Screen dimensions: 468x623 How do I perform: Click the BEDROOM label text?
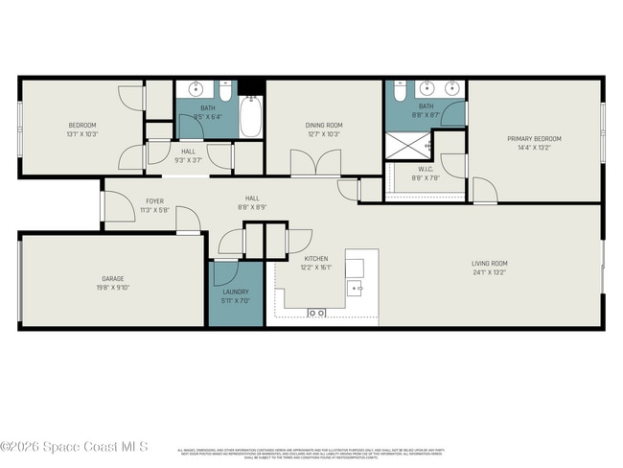(81, 126)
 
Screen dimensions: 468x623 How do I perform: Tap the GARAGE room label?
(113, 278)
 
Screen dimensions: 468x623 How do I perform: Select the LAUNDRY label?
(236, 292)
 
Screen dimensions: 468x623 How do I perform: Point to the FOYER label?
(154, 201)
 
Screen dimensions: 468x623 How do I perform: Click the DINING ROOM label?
(323, 125)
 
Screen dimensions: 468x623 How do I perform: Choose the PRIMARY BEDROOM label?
(534, 139)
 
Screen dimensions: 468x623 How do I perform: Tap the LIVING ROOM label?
(489, 264)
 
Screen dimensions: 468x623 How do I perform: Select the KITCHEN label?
(316, 259)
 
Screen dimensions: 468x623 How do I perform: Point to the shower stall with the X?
(403, 146)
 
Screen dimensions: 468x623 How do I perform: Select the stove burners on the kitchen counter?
(316, 313)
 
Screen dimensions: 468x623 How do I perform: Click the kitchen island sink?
(356, 286)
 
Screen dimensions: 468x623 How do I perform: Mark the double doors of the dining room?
(314, 165)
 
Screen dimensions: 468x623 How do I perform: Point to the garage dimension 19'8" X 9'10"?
(113, 287)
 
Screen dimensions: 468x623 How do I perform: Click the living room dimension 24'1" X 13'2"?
(489, 272)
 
